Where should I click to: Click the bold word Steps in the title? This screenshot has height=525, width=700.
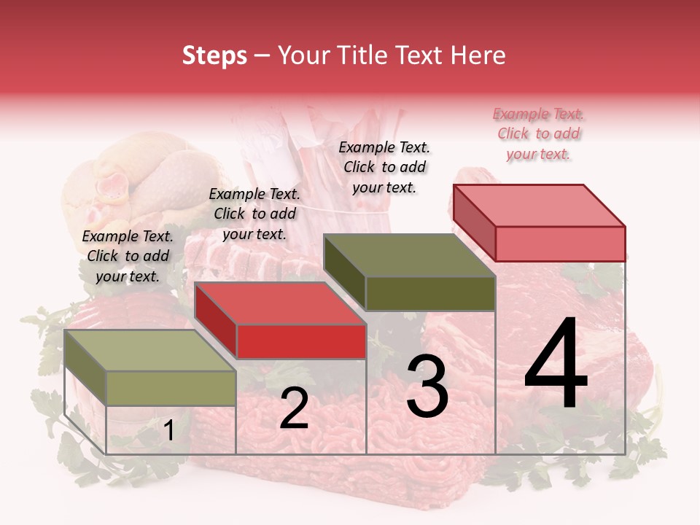pyautogui.click(x=214, y=55)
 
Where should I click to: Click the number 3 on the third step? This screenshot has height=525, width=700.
pyautogui.click(x=427, y=386)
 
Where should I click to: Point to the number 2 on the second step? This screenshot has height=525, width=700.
pyautogui.click(x=294, y=408)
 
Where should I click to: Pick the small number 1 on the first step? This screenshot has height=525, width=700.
pyautogui.click(x=168, y=431)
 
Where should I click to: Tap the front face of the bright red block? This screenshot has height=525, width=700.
pyautogui.click(x=301, y=341)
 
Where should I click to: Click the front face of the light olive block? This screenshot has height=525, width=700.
pyautogui.click(x=171, y=388)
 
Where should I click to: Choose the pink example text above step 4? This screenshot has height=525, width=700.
pyautogui.click(x=538, y=133)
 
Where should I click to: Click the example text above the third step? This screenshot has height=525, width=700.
pyautogui.click(x=384, y=167)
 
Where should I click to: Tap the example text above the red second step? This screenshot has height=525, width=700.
pyautogui.click(x=254, y=214)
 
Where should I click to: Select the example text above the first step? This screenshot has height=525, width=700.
pyautogui.click(x=128, y=256)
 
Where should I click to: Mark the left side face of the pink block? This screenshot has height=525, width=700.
pyautogui.click(x=474, y=222)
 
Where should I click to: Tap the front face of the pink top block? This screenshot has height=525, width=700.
pyautogui.click(x=560, y=243)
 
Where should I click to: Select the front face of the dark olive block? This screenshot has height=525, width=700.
pyautogui.click(x=430, y=293)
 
